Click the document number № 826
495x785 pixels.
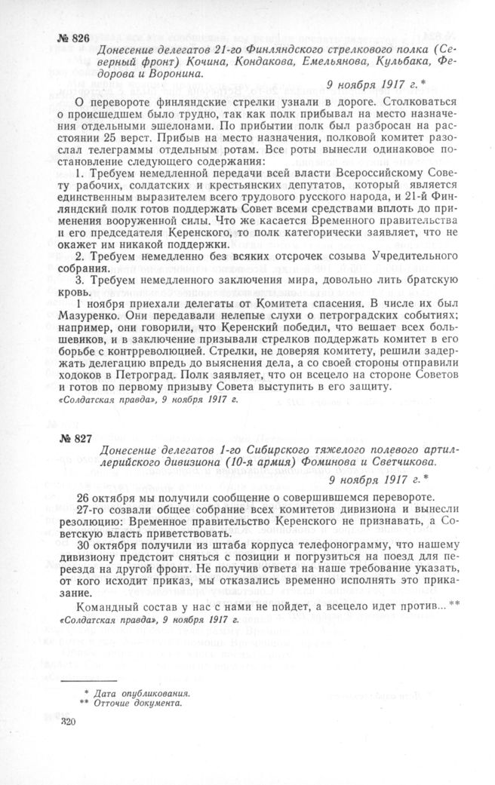pos(73,38)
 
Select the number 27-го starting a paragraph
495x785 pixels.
pos(94,511)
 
